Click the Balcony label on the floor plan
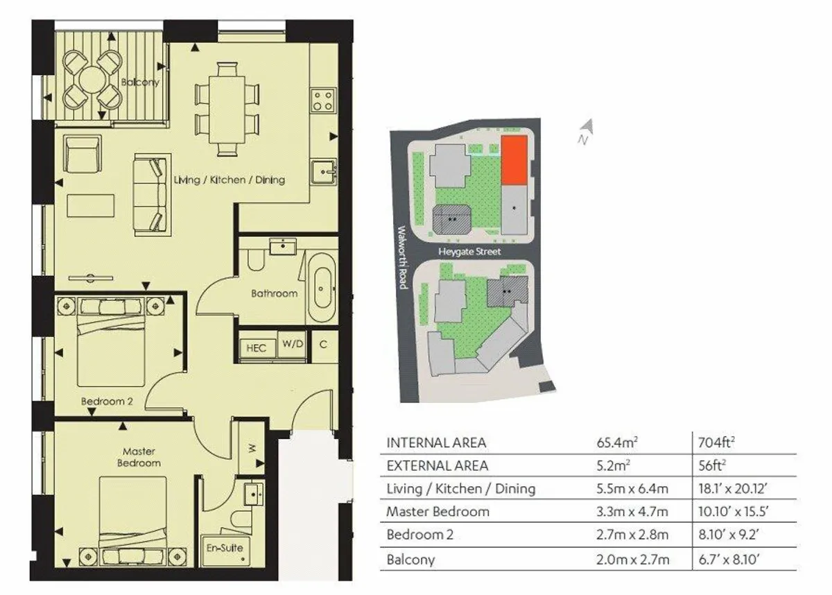pos(140,82)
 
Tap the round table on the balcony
pos(92,80)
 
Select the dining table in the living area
pos(227,109)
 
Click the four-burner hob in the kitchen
pos(323,101)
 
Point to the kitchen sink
pos(324,171)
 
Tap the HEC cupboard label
pos(257,348)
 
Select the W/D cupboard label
pos(293,343)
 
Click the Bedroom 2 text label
pos(107,401)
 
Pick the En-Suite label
pos(225,548)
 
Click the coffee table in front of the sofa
pos(91,206)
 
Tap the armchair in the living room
pos(83,153)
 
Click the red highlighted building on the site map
pos(514,160)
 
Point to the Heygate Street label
pos(469,252)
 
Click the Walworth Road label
pos(403,257)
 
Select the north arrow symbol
pos(586,132)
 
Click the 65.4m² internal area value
pos(617,442)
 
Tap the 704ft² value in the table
pos(716,442)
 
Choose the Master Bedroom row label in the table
pos(438,511)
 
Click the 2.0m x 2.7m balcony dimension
pos(632,560)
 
